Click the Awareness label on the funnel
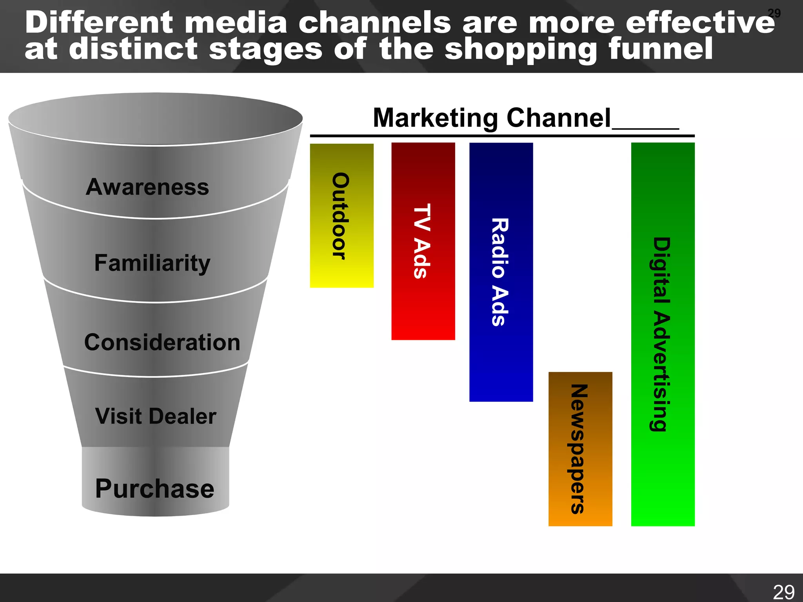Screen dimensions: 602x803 (147, 187)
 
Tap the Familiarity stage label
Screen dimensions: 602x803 (152, 263)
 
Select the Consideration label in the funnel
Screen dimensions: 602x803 (162, 342)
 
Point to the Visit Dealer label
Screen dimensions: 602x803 (156, 416)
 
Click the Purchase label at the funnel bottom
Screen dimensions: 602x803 (155, 489)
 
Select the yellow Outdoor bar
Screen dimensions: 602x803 (342, 216)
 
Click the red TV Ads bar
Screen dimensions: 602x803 (423, 241)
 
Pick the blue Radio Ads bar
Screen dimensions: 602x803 (501, 272)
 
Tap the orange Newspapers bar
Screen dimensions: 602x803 (580, 449)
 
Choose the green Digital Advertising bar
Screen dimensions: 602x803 (663, 334)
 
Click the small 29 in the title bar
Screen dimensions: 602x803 (774, 13)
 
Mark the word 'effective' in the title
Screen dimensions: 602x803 (700, 22)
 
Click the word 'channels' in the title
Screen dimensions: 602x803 (374, 22)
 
